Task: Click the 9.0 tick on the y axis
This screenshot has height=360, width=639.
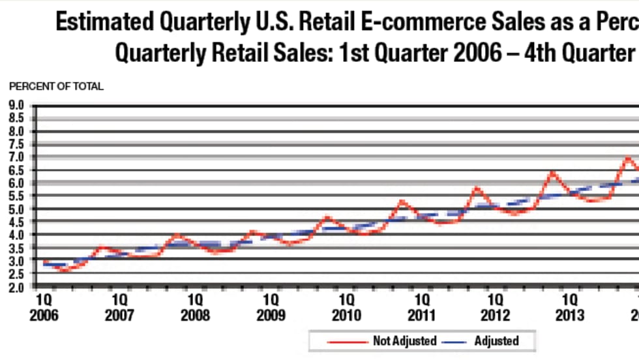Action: coord(15,105)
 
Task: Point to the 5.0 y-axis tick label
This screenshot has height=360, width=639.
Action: coord(15,209)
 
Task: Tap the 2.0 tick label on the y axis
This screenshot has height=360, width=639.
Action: coord(15,287)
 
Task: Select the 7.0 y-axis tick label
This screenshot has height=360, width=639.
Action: coord(15,157)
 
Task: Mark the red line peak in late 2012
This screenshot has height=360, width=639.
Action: coord(552,173)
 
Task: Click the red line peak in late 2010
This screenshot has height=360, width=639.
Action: coord(402,201)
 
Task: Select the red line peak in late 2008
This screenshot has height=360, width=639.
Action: coord(252,232)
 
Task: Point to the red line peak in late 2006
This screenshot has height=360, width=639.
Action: coord(102,247)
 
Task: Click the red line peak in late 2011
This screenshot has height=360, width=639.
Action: coord(477,188)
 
